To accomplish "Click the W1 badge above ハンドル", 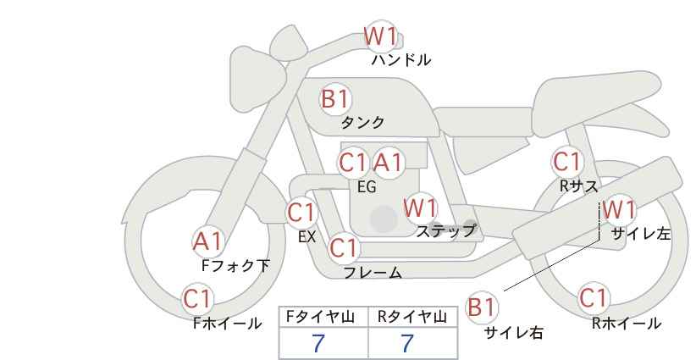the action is point(380,36).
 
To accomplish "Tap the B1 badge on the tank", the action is point(335,99).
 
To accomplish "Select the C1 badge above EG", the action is point(353,163).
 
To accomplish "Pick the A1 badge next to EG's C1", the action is point(388,163).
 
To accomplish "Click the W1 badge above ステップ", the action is point(420,208).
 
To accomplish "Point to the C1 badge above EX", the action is point(301,213).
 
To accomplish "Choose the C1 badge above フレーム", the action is point(344,247).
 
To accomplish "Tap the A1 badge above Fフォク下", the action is point(207,242).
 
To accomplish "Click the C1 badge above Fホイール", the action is point(198,299).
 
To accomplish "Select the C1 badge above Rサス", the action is point(567,162).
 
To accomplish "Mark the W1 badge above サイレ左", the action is point(619,209).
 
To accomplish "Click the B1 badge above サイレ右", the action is point(482,307).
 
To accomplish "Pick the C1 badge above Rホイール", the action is point(594,298).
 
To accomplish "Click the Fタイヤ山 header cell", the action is point(323,317).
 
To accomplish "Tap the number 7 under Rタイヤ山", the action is point(407,343).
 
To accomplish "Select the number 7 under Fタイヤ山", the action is point(318,343).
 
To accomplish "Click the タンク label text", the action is point(362,122).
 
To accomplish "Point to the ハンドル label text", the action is point(400,59).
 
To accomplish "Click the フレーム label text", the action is point(373,273).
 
